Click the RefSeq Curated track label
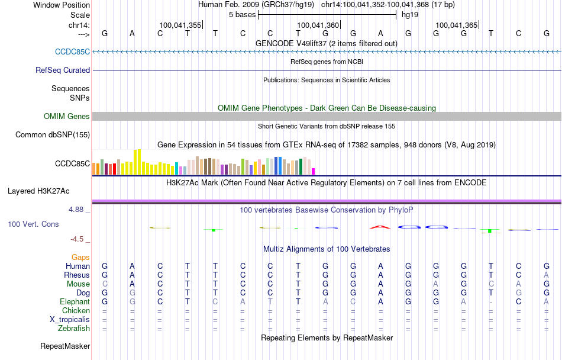(63, 70)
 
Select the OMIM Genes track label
(67, 116)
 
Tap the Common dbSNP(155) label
(53, 134)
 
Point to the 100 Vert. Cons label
(33, 224)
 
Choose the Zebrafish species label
(74, 328)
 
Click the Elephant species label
(75, 301)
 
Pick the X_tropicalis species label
(70, 319)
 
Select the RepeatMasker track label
(65, 346)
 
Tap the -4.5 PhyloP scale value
(80, 239)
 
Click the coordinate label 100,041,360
(318, 25)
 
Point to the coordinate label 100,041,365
(456, 25)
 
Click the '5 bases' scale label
(242, 14)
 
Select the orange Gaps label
(80, 257)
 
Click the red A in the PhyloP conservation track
(380, 226)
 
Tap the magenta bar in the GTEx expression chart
(314, 171)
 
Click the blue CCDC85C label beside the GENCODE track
(73, 52)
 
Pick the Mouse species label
(78, 284)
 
